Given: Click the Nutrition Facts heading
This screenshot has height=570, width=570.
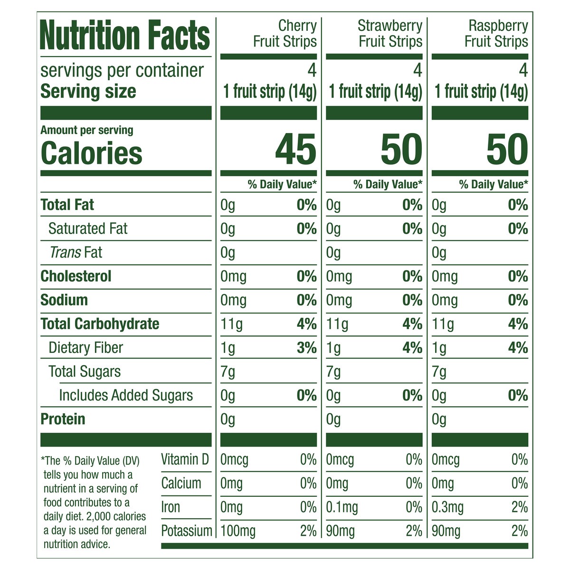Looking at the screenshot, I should point(125,36).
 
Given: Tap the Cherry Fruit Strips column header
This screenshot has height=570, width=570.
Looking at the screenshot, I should point(285,33).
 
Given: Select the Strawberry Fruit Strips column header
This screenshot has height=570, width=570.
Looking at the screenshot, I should point(390,33).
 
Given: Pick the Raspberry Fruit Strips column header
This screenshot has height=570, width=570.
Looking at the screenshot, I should point(496,33).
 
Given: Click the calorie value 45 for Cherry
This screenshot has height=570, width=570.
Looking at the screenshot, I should point(295,150).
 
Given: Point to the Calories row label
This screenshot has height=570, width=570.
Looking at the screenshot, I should point(91,153).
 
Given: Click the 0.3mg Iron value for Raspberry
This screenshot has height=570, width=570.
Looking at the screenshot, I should point(447,507).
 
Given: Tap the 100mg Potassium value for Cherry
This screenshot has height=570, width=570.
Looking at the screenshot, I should point(237,531).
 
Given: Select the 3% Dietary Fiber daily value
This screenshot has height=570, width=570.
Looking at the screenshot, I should point(306,348).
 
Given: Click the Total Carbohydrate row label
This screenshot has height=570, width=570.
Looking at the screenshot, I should point(100,324).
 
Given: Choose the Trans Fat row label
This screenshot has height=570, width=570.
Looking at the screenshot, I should point(76,252).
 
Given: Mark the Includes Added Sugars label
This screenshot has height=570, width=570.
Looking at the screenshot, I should point(126,395).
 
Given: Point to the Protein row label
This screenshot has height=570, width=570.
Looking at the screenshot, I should point(63,419).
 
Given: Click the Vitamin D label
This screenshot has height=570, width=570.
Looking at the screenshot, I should point(185,459).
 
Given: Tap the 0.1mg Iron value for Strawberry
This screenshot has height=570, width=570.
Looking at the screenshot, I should point(342,507).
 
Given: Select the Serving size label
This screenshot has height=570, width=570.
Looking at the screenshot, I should point(88,91).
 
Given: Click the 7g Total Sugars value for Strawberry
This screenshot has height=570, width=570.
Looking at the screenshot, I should point(333,371).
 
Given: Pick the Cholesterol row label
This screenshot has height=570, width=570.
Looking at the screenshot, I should point(76,276).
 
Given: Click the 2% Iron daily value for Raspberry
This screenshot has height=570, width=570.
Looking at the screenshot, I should point(520,507).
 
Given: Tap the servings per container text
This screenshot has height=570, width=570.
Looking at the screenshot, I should point(122,70).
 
